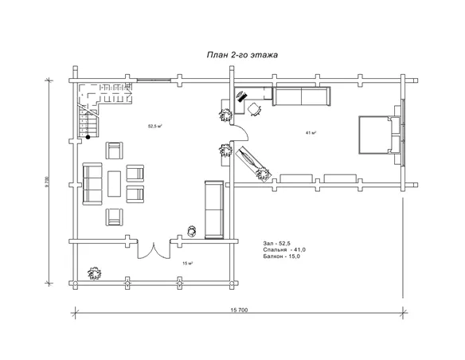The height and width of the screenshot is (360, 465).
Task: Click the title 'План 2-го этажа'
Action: (242, 55)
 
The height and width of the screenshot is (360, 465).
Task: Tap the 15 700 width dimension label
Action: (239, 310)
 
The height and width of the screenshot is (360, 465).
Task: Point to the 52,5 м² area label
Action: (154, 126)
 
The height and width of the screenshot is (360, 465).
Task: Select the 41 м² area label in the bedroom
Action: (311, 133)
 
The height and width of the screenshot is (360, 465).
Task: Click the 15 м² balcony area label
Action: (188, 263)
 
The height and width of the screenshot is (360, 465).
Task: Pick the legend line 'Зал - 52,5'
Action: (276, 244)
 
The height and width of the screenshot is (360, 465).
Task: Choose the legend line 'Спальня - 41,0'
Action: (284, 250)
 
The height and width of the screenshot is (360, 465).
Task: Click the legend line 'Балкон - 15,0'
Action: (281, 256)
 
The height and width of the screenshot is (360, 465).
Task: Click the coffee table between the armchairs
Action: (114, 184)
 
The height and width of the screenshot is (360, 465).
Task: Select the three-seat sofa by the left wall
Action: (92, 184)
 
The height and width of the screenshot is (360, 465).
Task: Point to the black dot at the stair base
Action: (88, 137)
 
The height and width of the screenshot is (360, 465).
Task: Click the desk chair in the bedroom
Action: (254, 109)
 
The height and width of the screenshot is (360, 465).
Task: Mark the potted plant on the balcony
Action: (95, 273)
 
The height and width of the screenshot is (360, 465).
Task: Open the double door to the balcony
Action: (154, 250)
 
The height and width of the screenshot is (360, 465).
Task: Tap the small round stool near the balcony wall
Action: (192, 231)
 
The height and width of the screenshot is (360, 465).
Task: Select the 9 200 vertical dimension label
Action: (46, 182)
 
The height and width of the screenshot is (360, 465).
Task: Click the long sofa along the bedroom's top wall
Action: (301, 96)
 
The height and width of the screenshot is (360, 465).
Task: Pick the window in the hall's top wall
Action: (154, 80)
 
